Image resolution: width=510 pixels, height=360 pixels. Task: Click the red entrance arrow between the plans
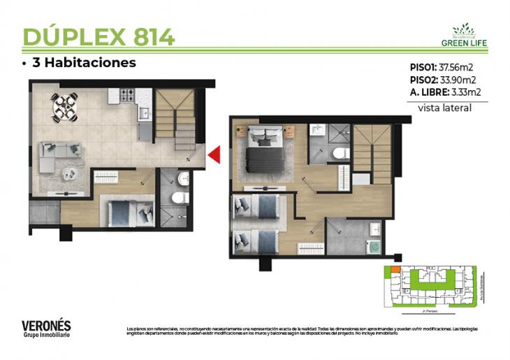coord(216,154)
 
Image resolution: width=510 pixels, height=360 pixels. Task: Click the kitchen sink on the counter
coord(143,112)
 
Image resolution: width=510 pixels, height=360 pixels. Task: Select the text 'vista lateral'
coord(444,108)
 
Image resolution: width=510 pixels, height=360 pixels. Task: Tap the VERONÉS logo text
coord(46,325)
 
